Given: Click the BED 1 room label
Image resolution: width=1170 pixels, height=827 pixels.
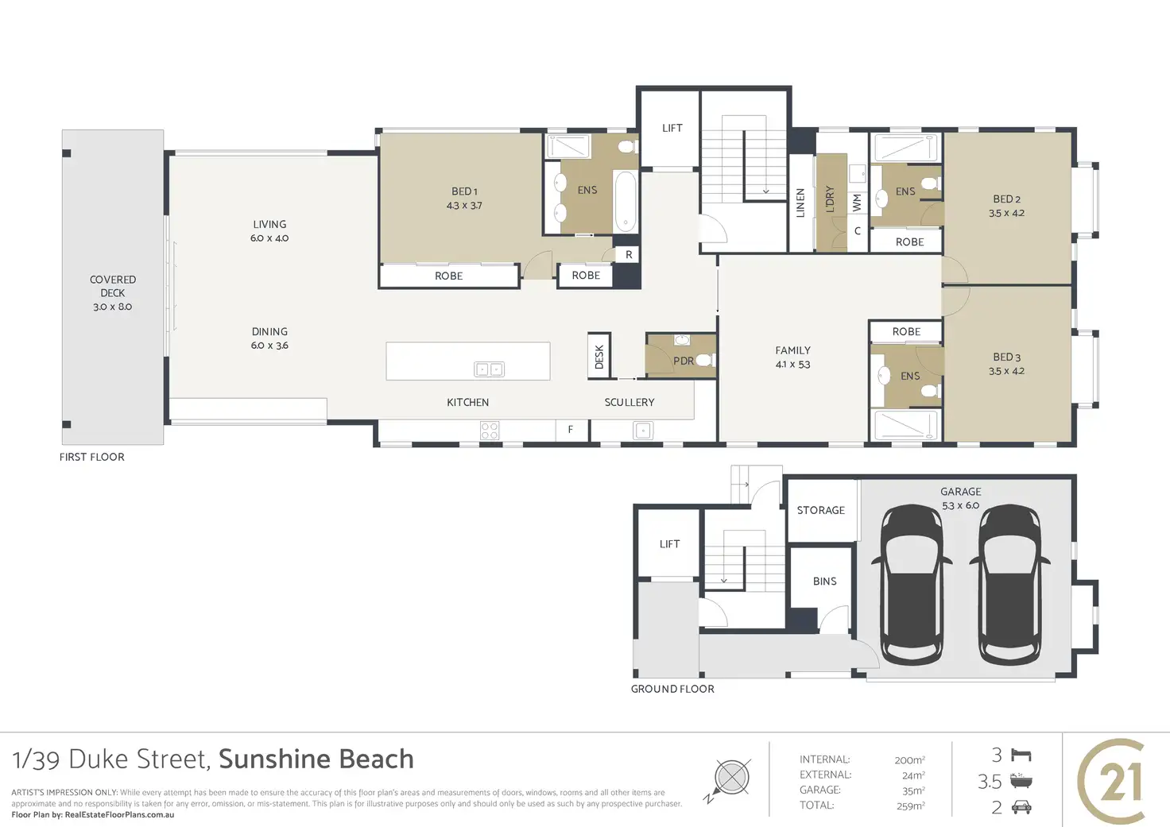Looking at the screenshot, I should pyautogui.click(x=464, y=191).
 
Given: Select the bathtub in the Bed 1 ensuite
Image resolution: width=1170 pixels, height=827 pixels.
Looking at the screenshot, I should pyautogui.click(x=626, y=200).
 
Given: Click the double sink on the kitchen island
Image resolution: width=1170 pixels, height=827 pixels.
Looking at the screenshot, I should pyautogui.click(x=489, y=369).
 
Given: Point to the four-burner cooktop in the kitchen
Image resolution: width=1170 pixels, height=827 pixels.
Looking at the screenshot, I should pyautogui.click(x=490, y=431).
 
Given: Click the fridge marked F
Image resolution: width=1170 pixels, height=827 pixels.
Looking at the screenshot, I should pyautogui.click(x=571, y=430).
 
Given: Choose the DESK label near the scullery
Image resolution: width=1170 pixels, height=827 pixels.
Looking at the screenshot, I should pyautogui.click(x=599, y=357).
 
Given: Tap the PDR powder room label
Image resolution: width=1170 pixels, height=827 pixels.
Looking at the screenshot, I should pyautogui.click(x=684, y=361).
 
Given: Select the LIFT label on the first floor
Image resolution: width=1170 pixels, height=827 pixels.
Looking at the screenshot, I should pyautogui.click(x=672, y=128).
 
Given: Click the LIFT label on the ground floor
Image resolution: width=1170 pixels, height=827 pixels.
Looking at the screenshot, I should pyautogui.click(x=670, y=544).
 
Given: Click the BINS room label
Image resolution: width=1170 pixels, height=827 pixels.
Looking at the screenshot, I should pyautogui.click(x=825, y=582).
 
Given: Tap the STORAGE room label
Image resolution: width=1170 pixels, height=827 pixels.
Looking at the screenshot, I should pyautogui.click(x=821, y=510).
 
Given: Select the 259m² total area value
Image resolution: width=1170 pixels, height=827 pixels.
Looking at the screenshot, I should pyautogui.click(x=910, y=806).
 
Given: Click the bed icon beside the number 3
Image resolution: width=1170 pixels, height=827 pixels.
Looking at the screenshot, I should pyautogui.click(x=1021, y=755).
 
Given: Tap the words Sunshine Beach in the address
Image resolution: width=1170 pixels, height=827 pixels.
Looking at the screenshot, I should pyautogui.click(x=316, y=759).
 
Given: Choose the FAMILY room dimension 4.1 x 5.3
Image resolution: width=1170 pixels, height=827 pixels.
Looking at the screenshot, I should pyautogui.click(x=793, y=365).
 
